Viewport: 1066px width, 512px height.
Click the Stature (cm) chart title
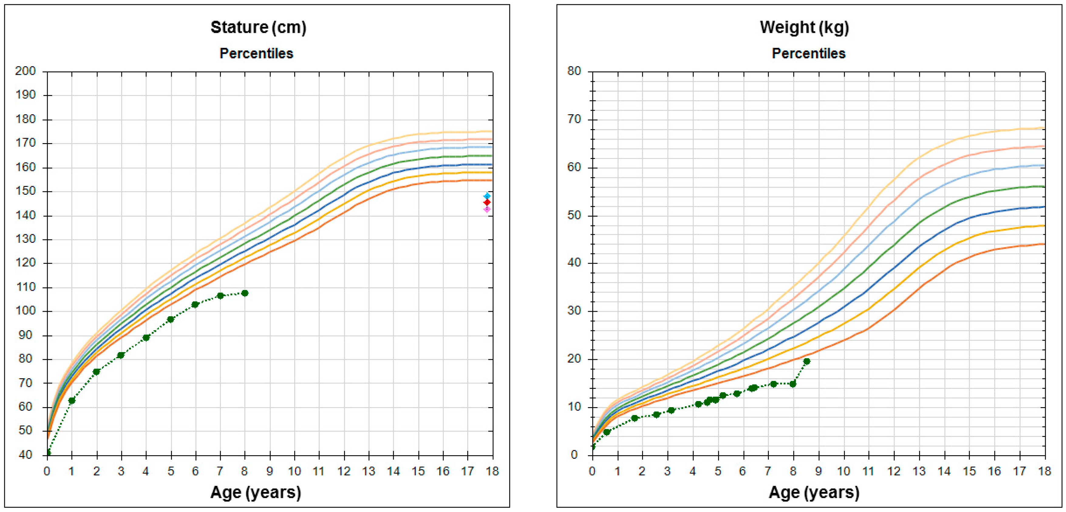pos(258,27)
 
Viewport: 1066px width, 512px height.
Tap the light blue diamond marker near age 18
pos(487,196)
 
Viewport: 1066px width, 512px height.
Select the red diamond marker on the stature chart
pos(487,202)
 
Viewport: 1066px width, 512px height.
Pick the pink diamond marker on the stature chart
pos(487,209)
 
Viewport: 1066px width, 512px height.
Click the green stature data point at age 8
pos(245,293)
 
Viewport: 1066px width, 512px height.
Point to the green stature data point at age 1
pos(72,400)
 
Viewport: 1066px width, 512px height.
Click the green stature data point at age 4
pos(146,338)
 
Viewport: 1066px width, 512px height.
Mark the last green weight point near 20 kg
pos(806,362)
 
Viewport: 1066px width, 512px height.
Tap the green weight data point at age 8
pos(792,384)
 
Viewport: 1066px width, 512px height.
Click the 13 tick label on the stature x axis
pos(368,471)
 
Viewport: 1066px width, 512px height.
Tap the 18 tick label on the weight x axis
pos(1044,471)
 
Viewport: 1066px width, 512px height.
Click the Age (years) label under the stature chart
pos(255,492)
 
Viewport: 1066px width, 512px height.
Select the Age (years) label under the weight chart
pos(814,492)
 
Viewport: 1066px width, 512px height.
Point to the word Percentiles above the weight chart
pos(808,53)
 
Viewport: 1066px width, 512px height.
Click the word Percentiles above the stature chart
pos(256,53)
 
